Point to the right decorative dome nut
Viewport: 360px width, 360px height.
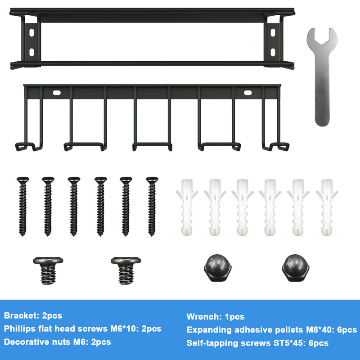tap(294, 268)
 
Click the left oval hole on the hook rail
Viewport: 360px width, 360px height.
tap(57, 92)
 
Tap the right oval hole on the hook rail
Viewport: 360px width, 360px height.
tap(248, 92)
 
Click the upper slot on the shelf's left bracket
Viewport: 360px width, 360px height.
tap(31, 33)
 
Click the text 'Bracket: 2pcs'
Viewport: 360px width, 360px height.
tap(33, 316)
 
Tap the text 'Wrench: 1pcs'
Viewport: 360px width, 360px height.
tap(216, 317)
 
